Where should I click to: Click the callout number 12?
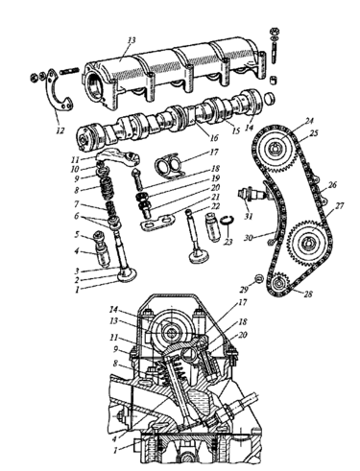(60, 130)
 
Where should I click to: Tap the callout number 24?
(309, 121)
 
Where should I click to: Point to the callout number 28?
(307, 294)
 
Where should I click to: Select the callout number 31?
(249, 217)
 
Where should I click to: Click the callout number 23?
(228, 242)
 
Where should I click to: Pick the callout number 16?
(214, 138)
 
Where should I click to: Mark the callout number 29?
(244, 290)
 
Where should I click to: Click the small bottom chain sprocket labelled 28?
(279, 282)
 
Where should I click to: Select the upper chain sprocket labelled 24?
(276, 149)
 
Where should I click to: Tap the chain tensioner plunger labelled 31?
(252, 194)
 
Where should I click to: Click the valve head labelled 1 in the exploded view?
(127, 275)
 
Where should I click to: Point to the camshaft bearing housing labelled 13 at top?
(175, 74)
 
